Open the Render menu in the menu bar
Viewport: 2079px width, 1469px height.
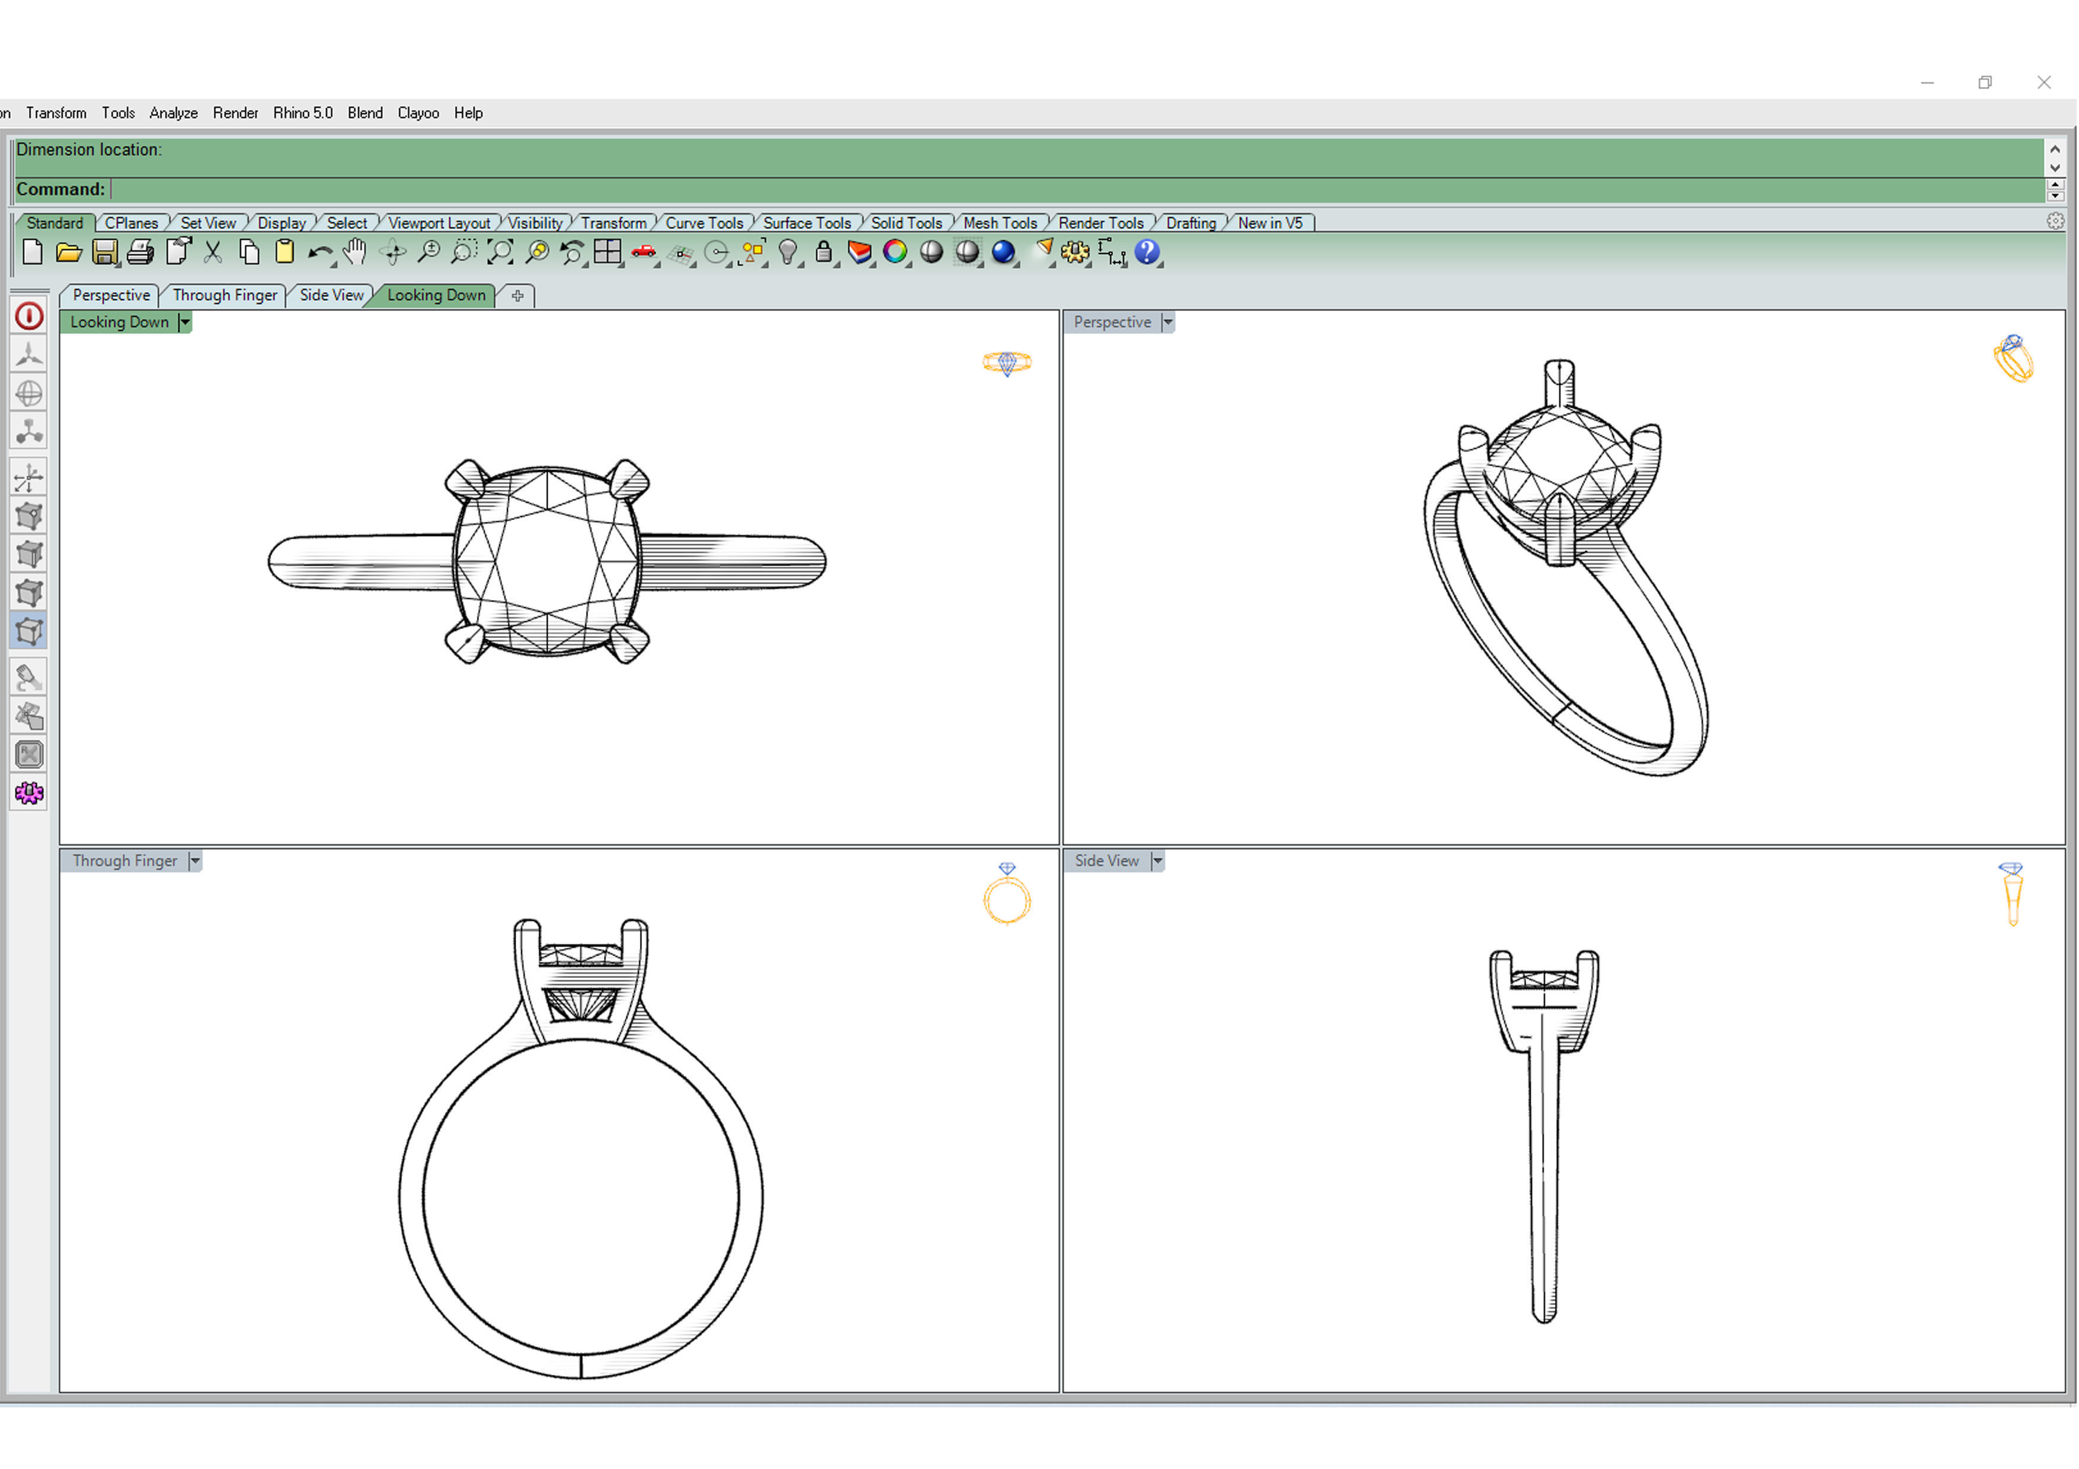[235, 113]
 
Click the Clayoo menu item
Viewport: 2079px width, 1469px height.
[417, 113]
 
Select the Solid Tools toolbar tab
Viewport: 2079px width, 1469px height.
[906, 223]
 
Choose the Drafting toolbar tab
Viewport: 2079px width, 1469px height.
[1190, 223]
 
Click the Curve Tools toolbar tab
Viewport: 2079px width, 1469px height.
[703, 223]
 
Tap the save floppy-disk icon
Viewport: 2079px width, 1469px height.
[105, 252]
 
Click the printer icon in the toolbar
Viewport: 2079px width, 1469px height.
[140, 252]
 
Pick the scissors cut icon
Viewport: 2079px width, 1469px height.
[213, 252]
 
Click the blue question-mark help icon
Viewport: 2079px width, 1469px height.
[1146, 252]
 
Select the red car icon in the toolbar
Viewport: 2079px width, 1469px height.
[644, 252]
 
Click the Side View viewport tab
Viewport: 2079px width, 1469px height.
[331, 295]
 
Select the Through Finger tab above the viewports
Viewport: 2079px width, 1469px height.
[225, 295]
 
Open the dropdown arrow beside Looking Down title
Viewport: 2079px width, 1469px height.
[185, 322]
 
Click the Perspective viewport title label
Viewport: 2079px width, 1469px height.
[1111, 322]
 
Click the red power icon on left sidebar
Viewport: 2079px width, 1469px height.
[29, 316]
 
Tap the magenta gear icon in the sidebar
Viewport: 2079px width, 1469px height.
[29, 793]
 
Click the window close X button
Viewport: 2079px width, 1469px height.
[2043, 82]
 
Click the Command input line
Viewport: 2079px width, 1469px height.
[1069, 189]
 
